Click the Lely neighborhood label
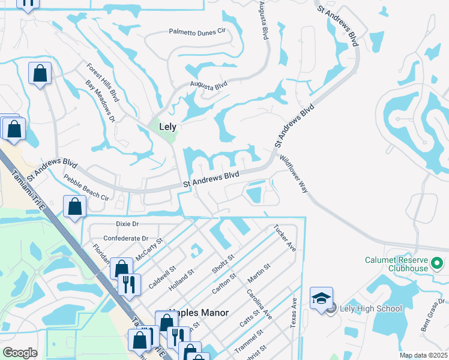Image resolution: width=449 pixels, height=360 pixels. pos(167,127)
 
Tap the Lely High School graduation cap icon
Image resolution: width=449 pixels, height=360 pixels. pos(321,298)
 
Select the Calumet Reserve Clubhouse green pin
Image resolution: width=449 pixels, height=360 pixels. pos(438,263)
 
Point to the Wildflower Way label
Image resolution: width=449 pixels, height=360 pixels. pos(294,174)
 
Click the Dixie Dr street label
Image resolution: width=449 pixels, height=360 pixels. pos(127,223)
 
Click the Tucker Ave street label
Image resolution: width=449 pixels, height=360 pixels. pos(285,238)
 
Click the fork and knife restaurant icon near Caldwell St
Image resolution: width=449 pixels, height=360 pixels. pos(130,283)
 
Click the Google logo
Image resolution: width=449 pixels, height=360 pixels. pos(20,353)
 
